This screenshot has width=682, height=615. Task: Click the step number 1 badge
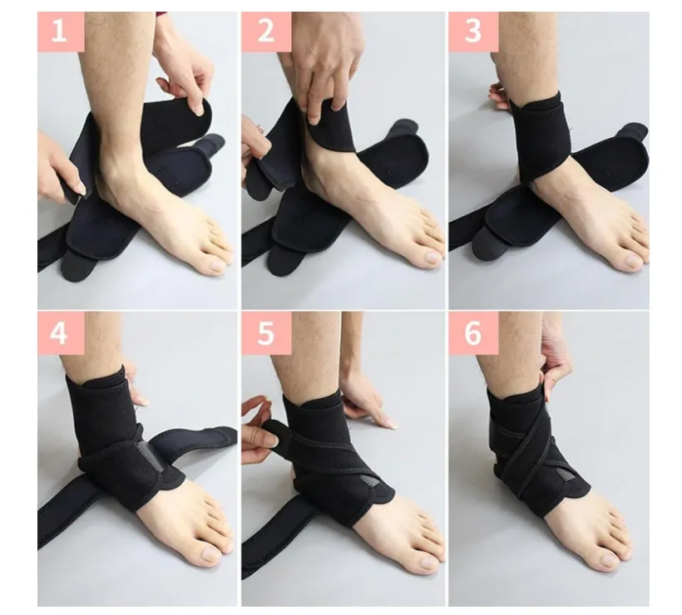pos(61,32)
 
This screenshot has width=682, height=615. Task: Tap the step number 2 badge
pos(266,32)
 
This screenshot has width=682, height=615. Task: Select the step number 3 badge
pos(473,32)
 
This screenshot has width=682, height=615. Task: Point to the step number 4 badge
pos(61,333)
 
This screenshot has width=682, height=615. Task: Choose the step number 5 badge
pos(266,333)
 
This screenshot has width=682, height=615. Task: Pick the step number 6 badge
pos(473,333)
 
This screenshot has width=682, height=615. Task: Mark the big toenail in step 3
pos(634,262)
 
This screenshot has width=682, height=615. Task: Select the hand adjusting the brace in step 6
pos(555,364)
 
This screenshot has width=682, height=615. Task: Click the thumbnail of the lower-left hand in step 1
pos(81,188)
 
